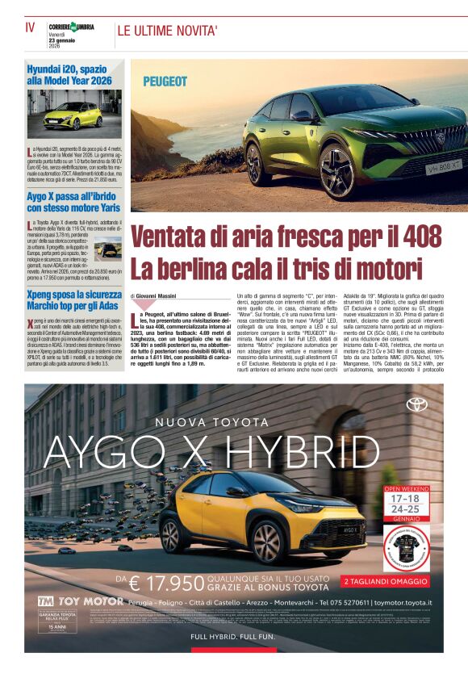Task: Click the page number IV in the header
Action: (30, 27)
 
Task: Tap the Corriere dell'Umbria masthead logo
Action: (71, 27)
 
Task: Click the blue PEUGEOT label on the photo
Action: (165, 82)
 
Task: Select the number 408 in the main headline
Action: (422, 237)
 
